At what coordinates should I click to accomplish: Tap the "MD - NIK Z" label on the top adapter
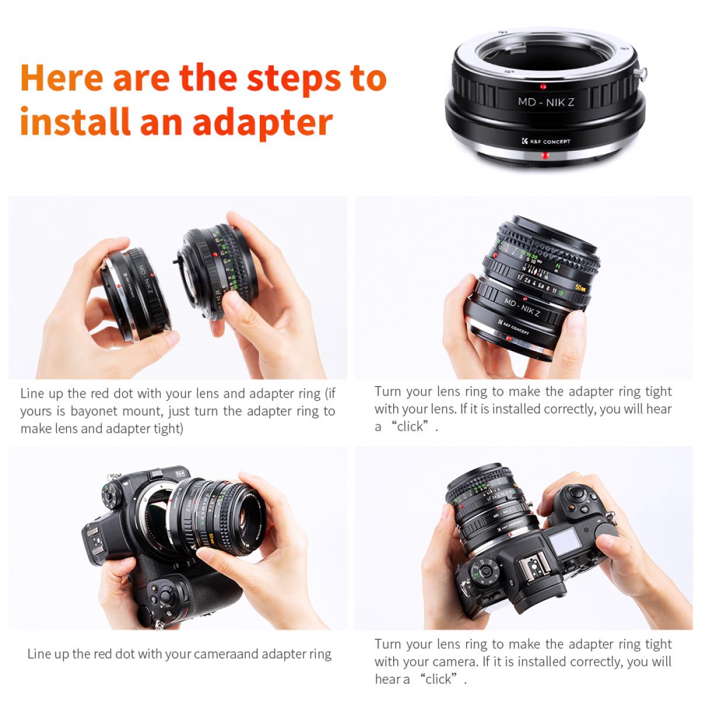pos(546,102)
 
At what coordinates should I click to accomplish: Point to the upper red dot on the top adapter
pos(543,87)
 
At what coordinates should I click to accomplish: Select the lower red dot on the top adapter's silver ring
pos(545,156)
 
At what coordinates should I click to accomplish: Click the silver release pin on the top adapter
pos(643,74)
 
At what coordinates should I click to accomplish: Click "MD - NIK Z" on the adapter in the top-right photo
pos(522,309)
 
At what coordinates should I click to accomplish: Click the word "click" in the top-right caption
pos(409,426)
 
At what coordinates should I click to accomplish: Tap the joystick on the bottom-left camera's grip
pos(166,597)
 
